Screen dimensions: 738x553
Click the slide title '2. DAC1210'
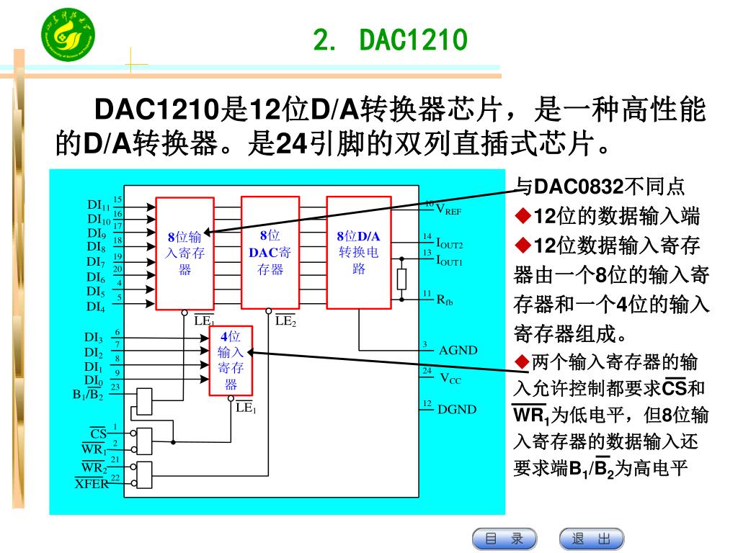[x=391, y=42]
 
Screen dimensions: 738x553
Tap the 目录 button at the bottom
[x=504, y=539]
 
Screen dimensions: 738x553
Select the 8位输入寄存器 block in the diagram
[x=184, y=253]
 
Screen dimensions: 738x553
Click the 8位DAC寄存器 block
[x=270, y=253]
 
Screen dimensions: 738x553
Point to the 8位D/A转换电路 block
[x=358, y=253]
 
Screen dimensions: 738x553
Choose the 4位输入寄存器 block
[x=231, y=360]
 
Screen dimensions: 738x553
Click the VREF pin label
[x=449, y=210]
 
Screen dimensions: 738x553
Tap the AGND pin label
[x=458, y=351]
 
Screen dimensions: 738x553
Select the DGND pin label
[x=457, y=410]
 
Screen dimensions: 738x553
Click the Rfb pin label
[x=445, y=300]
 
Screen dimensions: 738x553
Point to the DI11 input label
[x=98, y=205]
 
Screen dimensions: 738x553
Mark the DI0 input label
[x=93, y=380]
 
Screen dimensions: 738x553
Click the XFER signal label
[x=92, y=484]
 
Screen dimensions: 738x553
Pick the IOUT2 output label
[x=450, y=244]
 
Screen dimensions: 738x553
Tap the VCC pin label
[x=450, y=379]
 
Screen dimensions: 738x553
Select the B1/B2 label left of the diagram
[x=88, y=395]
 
